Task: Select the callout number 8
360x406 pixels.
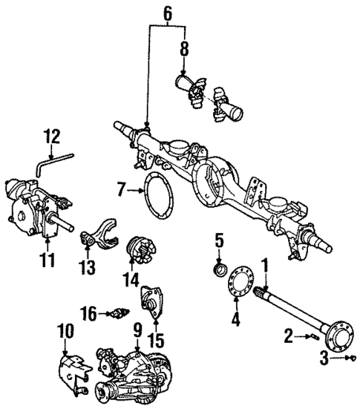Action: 184,50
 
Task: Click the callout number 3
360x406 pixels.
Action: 324,360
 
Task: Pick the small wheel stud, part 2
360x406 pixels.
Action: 312,338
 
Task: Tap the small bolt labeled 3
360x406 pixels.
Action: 351,359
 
